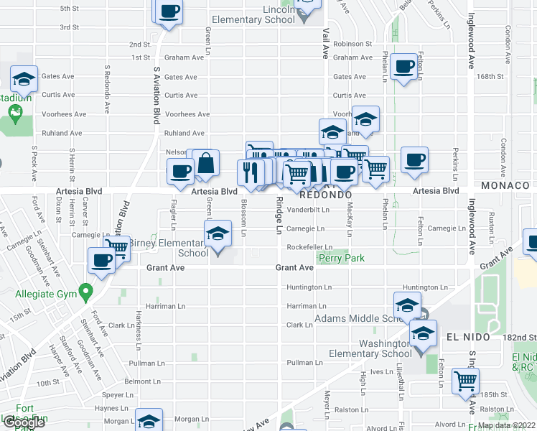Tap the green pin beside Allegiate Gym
86,292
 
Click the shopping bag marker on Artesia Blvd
206,163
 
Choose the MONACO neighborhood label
510,185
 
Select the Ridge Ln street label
279,216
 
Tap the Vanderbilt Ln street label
308,210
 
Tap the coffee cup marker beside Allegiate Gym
103,260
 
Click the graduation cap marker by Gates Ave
24,78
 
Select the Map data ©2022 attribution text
505,425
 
